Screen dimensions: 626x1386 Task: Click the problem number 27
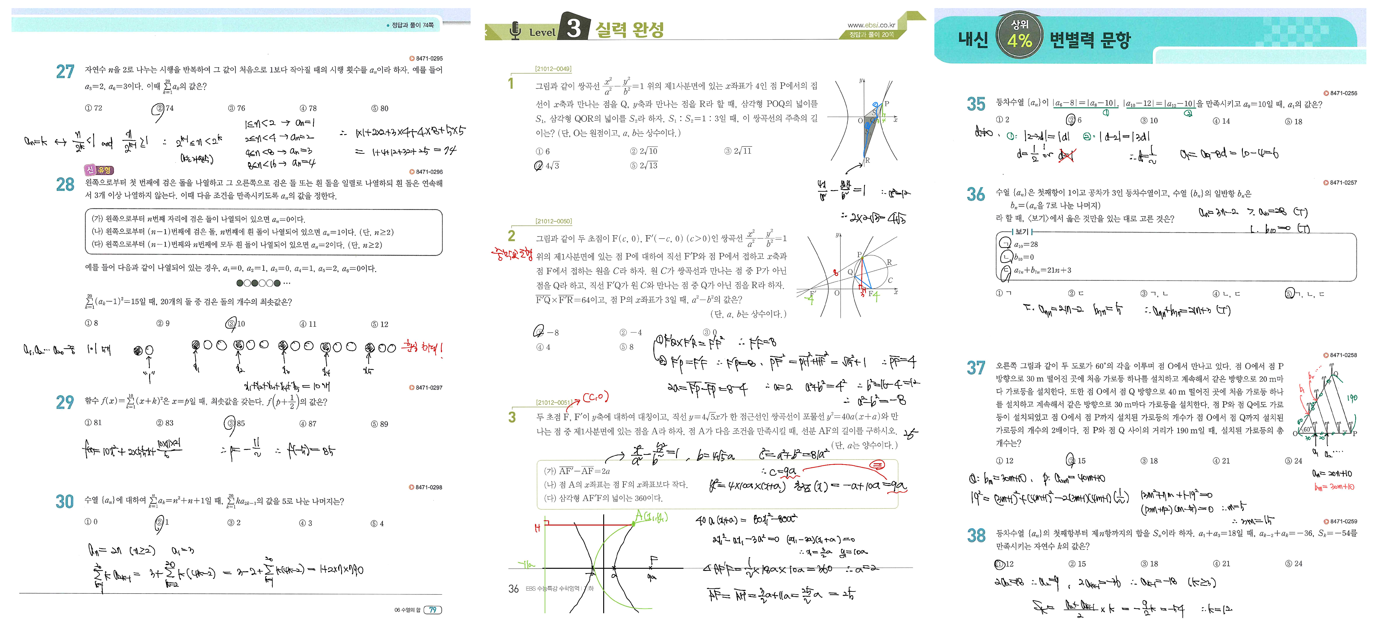(65, 72)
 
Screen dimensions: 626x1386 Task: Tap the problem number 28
(65, 185)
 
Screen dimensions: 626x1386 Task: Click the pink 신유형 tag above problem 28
(98, 170)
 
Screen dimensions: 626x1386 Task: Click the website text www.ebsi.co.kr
(871, 25)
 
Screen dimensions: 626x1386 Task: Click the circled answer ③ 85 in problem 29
(235, 423)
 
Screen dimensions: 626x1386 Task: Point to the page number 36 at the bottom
(513, 589)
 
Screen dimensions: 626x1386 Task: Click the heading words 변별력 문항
(1090, 39)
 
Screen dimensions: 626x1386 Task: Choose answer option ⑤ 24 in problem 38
(1294, 563)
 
